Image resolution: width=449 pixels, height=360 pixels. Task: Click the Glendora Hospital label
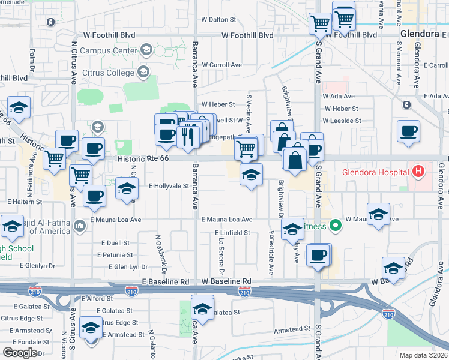coord(375,172)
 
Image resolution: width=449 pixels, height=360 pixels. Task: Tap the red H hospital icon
coord(419,172)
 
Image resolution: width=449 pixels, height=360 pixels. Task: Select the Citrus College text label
coord(107,73)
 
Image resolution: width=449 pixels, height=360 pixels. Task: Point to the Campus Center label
coord(108,51)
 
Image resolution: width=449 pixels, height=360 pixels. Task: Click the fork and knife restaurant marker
coord(188,136)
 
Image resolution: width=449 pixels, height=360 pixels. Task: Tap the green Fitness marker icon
coord(336,226)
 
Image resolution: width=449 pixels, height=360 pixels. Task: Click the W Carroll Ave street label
coord(221,65)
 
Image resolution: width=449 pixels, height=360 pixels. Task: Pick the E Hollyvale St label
coord(169,186)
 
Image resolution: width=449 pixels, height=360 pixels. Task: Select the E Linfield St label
coord(232,232)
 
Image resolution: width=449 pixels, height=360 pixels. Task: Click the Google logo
coord(20,353)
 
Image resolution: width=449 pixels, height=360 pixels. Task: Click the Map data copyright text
coord(423,355)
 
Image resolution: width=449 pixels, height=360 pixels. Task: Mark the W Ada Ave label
coord(339,96)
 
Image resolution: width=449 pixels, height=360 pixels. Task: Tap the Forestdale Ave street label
coord(271,253)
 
